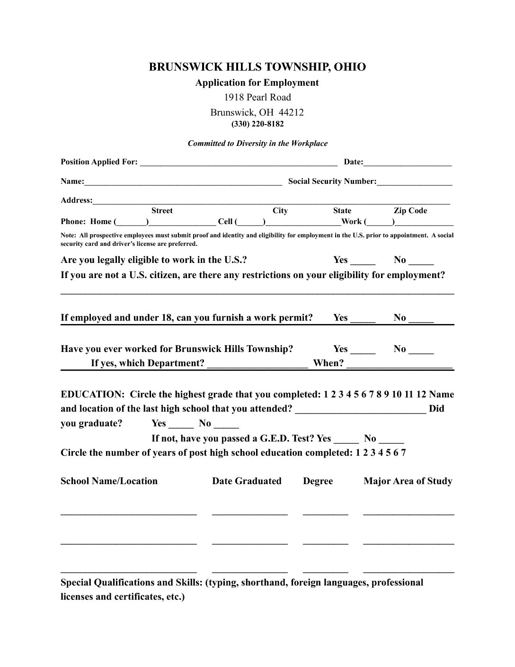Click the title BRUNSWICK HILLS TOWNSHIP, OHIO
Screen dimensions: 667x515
tap(257, 67)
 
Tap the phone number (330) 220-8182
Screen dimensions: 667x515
tap(257, 124)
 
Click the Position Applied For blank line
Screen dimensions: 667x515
tap(239, 163)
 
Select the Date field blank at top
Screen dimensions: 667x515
tap(408, 163)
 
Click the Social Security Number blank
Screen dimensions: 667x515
tap(415, 182)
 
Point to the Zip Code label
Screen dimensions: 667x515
tap(410, 211)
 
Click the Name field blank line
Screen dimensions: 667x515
tap(183, 182)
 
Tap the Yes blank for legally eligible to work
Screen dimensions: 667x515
tap(363, 261)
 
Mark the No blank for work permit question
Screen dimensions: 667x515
tap(421, 319)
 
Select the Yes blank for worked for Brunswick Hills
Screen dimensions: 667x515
tap(363, 350)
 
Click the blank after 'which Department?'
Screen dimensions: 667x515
tap(257, 364)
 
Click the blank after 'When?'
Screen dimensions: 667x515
tap(400, 364)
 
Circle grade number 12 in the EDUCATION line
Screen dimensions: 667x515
tap(421, 395)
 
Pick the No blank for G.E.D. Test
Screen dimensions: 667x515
tap(391, 439)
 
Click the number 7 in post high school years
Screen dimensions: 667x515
tap(403, 453)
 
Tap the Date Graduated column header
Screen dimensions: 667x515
tap(247, 481)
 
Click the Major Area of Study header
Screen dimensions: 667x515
tap(408, 481)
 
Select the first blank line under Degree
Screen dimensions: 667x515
tap(326, 513)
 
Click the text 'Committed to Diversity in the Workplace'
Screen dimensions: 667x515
tap(257, 144)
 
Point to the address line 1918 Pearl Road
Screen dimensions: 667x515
tap(257, 98)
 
